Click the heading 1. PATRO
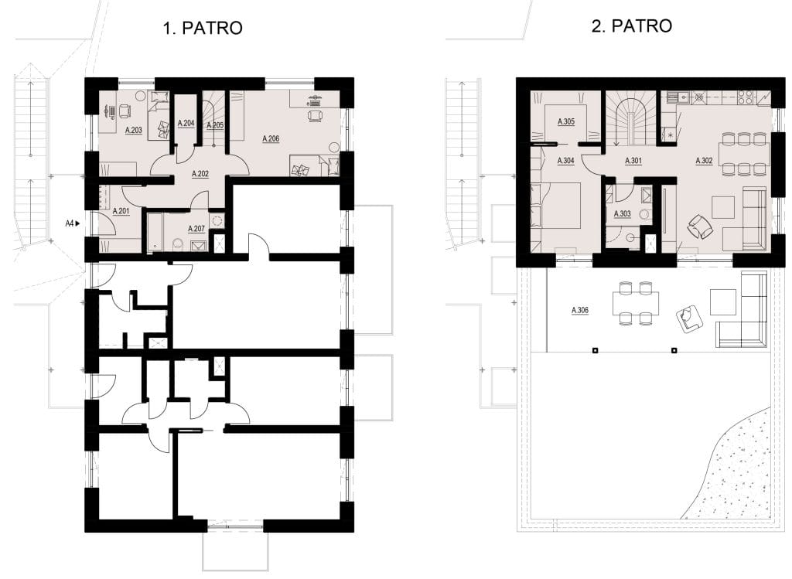(x=203, y=28)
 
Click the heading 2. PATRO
(x=631, y=26)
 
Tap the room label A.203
(x=133, y=130)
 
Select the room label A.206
(x=271, y=139)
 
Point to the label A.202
(x=200, y=174)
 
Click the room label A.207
(x=196, y=229)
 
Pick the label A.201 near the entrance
(x=121, y=211)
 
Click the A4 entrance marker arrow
(x=78, y=223)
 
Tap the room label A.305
(x=565, y=121)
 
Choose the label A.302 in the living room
(x=704, y=161)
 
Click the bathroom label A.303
(x=622, y=214)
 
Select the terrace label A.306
(x=579, y=311)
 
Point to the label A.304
(x=565, y=161)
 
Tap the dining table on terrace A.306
(x=636, y=303)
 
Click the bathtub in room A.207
(x=154, y=232)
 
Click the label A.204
(x=186, y=123)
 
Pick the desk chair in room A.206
(x=316, y=115)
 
